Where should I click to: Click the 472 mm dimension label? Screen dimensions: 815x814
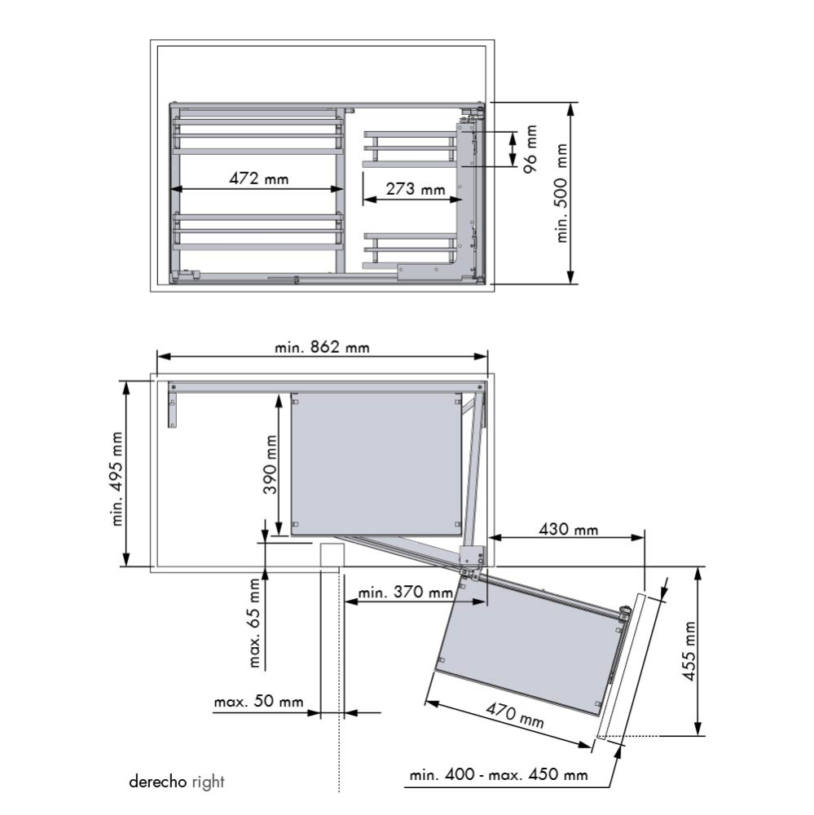pyautogui.click(x=258, y=178)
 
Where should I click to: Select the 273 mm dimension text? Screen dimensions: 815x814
pyautogui.click(x=416, y=189)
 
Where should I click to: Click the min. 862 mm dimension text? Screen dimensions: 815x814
pyautogui.click(x=322, y=347)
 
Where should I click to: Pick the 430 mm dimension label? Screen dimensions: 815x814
pyautogui.click(x=568, y=530)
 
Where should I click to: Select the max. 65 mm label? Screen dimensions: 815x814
pyautogui.click(x=255, y=623)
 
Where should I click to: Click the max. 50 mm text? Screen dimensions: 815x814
pyautogui.click(x=258, y=702)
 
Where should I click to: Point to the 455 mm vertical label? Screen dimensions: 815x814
pyautogui.click(x=691, y=652)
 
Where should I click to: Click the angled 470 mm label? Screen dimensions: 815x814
pyautogui.click(x=514, y=716)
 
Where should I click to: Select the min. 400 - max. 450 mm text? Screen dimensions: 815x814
pyautogui.click(x=499, y=774)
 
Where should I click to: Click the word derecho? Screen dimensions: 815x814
pyautogui.click(x=159, y=782)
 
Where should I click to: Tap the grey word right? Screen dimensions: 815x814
pyautogui.click(x=209, y=782)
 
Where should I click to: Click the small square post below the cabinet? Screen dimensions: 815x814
pyautogui.click(x=330, y=556)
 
